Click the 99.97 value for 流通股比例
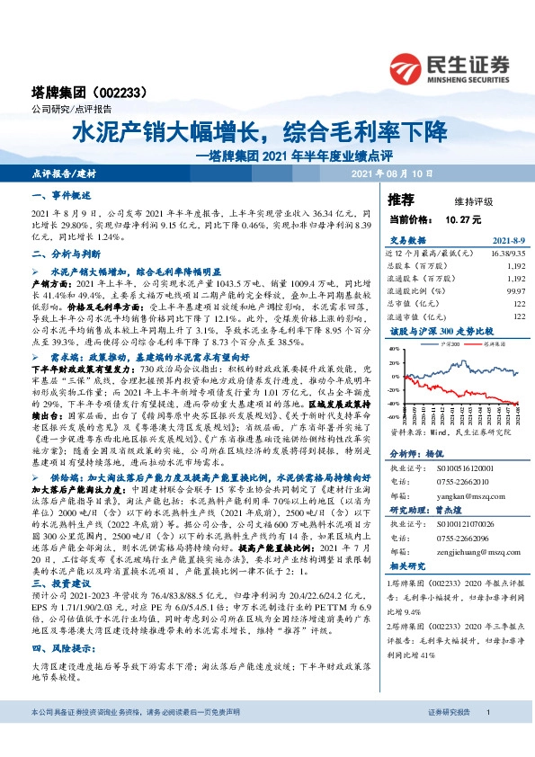point(516,291)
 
